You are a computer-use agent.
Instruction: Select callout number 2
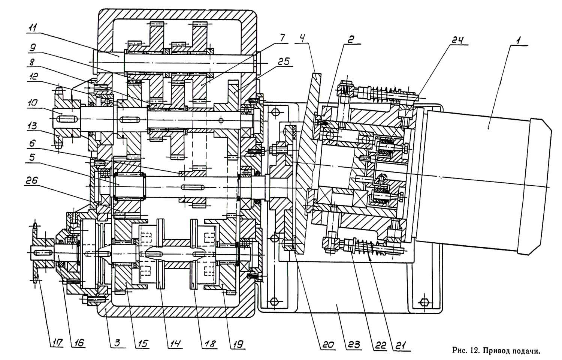point(351,40)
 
